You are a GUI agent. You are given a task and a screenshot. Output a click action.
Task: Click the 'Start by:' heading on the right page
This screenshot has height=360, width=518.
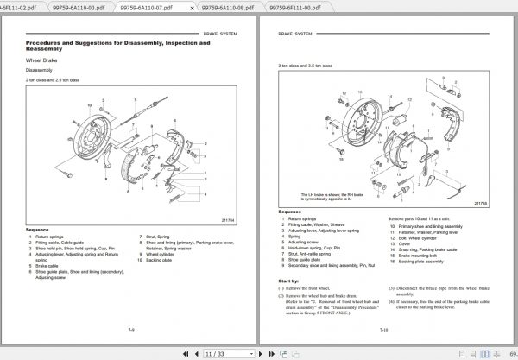point(289,281)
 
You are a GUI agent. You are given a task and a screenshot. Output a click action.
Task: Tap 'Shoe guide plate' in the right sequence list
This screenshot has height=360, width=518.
point(307,259)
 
